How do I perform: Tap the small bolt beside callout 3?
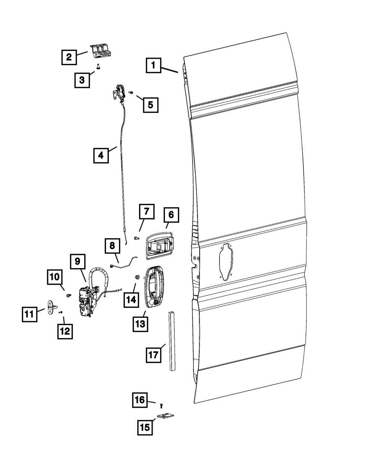point(98,67)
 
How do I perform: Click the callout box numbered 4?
point(101,155)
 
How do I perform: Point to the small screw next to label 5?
point(131,92)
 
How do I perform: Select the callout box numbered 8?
point(112,246)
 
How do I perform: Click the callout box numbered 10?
point(55,277)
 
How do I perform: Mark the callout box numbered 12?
point(65,331)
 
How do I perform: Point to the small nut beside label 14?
point(137,277)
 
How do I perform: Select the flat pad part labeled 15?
point(167,416)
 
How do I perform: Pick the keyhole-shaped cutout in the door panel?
point(225,261)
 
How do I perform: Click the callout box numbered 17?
point(153,354)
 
